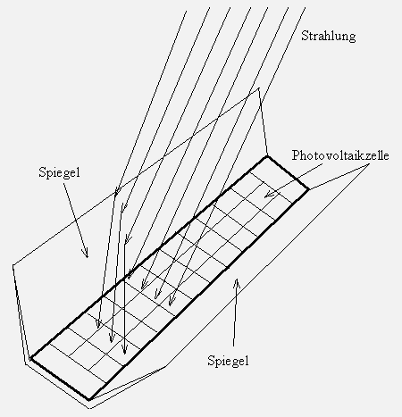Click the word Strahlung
(329, 36)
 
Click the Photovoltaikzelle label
(340, 155)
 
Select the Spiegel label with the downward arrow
(60, 173)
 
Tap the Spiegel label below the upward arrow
(228, 361)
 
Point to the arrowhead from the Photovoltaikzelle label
(268, 194)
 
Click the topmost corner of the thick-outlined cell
(267, 156)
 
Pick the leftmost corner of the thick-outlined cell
(31, 359)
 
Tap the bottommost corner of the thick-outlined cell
(88, 399)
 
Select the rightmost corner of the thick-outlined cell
(308, 188)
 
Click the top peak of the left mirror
(259, 88)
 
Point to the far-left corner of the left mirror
(13, 264)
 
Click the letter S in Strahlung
(305, 36)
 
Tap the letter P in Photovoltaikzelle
(296, 155)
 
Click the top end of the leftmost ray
(187, 12)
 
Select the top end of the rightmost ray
(306, 8)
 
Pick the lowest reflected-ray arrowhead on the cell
(125, 350)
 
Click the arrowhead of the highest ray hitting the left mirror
(116, 190)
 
